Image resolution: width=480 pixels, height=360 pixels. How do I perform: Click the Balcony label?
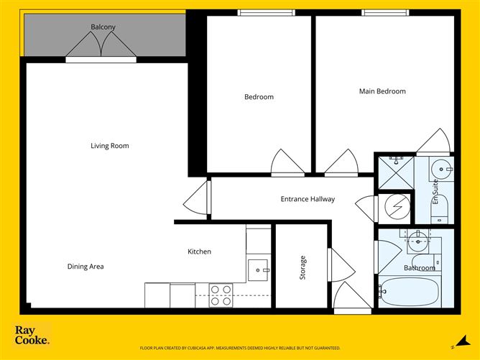tap(103, 27)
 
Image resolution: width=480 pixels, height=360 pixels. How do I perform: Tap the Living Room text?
tap(109, 146)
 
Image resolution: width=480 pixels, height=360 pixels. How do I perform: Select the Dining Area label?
tap(86, 267)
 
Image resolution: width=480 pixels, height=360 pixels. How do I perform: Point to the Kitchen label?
tap(199, 251)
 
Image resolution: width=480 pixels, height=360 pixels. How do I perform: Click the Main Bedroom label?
tap(382, 91)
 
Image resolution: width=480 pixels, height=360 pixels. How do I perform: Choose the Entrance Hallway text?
tap(308, 199)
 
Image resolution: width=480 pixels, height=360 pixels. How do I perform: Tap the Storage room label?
tap(303, 267)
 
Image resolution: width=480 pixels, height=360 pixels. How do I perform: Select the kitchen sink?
tap(257, 270)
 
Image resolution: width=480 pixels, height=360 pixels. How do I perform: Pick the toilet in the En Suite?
tap(441, 209)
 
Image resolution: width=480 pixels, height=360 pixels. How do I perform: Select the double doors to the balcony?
tap(101, 47)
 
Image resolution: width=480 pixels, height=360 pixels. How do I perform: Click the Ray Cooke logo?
tap(32, 336)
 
